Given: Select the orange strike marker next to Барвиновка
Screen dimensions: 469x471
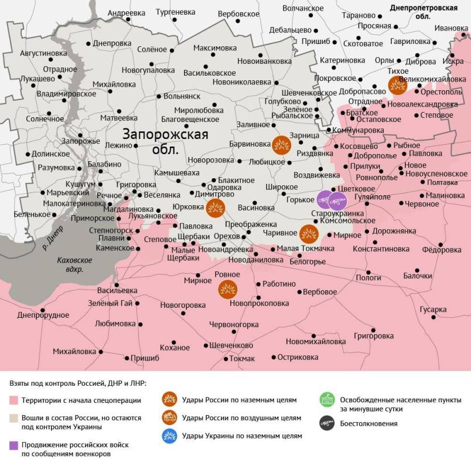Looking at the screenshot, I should pyautogui.click(x=281, y=144).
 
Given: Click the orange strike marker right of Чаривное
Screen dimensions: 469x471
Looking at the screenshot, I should pyautogui.click(x=309, y=233).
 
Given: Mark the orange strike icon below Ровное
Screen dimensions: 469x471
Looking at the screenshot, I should pyautogui.click(x=227, y=288).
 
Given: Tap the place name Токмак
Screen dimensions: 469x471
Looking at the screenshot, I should pyautogui.click(x=242, y=358).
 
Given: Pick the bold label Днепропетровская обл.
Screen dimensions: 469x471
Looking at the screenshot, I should pyautogui.click(x=432, y=12).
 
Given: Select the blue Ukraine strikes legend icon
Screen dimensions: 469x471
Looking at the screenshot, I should pyautogui.click(x=170, y=436).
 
